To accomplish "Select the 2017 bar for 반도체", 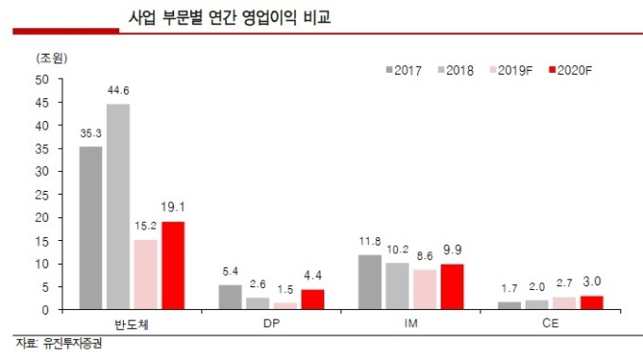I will click(91, 228).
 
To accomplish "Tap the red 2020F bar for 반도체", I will click(172, 265).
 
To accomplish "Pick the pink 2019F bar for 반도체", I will click(146, 274).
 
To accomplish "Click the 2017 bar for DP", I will click(230, 297).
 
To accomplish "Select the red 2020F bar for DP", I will click(312, 299).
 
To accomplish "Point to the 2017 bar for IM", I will click(370, 282).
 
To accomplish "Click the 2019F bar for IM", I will click(425, 289).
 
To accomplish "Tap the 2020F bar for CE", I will click(591, 302).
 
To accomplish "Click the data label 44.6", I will click(118, 91).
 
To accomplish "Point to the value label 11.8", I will click(370, 242).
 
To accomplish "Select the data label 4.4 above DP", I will click(312, 276).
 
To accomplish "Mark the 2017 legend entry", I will click(403, 71).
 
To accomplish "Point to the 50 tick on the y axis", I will click(43, 79).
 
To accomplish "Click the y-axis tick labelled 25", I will click(43, 195).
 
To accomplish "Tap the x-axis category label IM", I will click(411, 323).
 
